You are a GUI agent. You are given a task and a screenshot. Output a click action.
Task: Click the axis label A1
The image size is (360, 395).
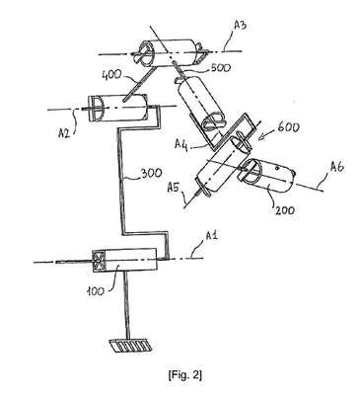212,237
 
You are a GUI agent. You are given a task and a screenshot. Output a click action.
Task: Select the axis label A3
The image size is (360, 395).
240,26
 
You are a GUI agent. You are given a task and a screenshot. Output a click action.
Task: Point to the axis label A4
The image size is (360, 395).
181,144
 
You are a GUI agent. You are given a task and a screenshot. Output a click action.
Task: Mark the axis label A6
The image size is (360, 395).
336,168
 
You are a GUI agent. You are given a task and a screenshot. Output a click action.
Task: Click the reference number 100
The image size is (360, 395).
96,290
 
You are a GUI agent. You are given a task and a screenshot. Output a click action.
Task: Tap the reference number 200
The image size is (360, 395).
285,209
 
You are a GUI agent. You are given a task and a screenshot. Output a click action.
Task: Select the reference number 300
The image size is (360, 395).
151,173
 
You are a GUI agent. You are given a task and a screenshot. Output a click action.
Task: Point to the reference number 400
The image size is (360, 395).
113,76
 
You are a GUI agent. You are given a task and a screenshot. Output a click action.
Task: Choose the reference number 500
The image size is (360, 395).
221,67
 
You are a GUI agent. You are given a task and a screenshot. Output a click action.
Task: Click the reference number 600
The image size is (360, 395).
289,127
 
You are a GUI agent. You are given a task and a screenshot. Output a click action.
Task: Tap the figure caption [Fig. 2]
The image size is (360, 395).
184,375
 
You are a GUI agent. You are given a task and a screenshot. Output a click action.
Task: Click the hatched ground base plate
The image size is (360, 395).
131,346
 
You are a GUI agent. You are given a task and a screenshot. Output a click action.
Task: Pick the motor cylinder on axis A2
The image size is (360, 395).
116,108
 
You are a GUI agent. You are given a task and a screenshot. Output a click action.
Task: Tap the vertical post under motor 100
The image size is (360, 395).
127,304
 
